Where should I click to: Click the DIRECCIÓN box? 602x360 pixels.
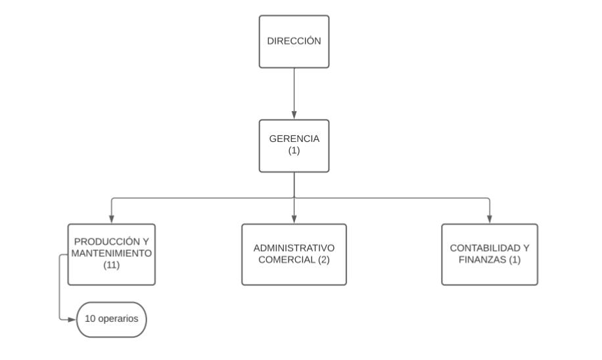[294, 41]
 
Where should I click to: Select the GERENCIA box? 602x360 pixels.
[294, 146]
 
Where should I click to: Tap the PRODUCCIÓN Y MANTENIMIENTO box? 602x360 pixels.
[111, 254]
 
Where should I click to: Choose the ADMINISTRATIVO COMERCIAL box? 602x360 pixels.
[294, 254]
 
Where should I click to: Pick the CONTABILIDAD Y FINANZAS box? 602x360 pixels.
[490, 254]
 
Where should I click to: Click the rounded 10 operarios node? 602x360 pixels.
[111, 320]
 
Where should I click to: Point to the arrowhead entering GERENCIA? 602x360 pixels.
[294, 115]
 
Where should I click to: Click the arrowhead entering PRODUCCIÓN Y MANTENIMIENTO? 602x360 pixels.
[111, 219]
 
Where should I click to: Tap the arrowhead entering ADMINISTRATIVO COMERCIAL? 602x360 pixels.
[294, 219]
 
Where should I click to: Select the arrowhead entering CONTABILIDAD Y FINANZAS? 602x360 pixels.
[490, 219]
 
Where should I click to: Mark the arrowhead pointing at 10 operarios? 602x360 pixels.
[72, 319]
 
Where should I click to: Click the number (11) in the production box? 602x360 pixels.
[111, 265]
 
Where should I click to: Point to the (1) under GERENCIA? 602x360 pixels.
[294, 150]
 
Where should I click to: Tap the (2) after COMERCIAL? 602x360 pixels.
[323, 260]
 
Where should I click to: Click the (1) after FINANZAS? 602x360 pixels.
[515, 260]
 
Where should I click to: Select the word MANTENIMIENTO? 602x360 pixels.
[111, 254]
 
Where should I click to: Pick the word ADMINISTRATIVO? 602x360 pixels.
[294, 248]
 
